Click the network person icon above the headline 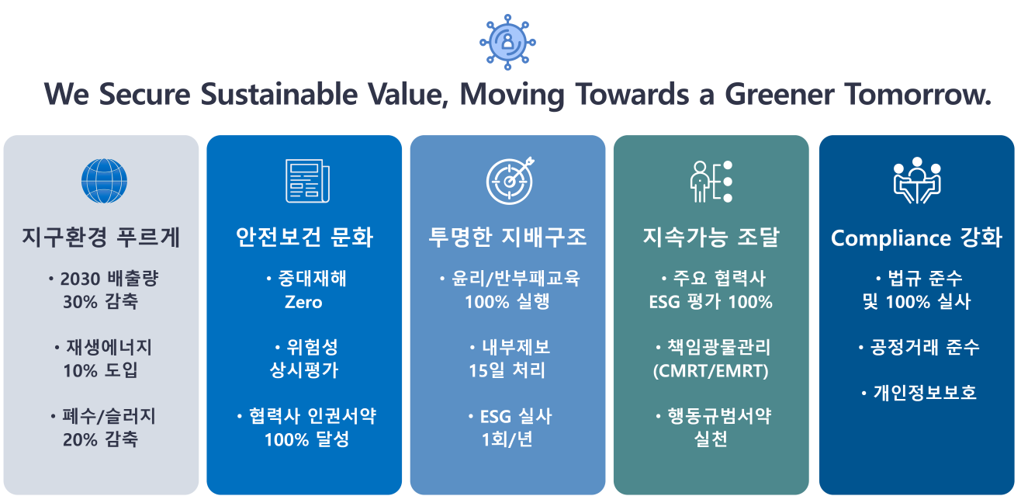(x=507, y=41)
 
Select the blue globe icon (x=103, y=181)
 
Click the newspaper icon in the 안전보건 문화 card (x=306, y=181)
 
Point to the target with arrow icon (x=510, y=180)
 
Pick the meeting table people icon (x=916, y=180)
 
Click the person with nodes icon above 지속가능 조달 (x=711, y=181)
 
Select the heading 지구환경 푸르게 (x=102, y=237)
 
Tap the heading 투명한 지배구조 (x=507, y=237)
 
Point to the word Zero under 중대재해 (x=303, y=302)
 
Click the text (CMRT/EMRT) (x=711, y=371)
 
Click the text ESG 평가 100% (x=711, y=302)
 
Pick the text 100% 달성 (x=306, y=439)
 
